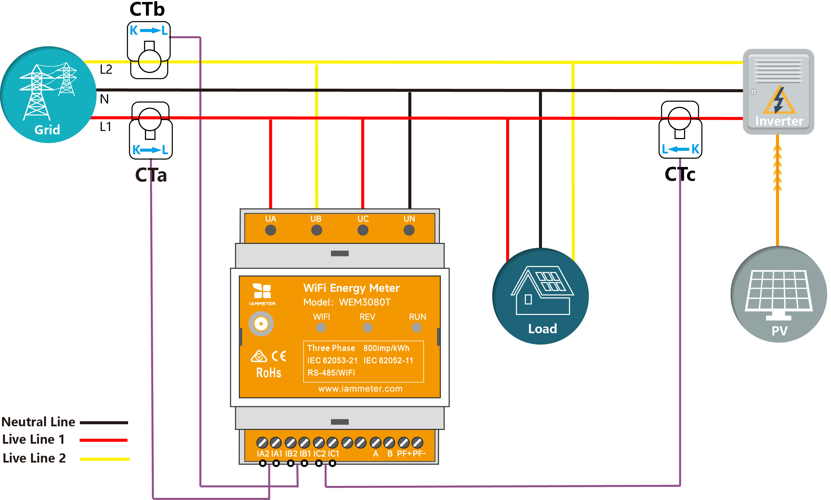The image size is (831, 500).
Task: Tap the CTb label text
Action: click(147, 9)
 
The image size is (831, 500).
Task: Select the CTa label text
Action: click(151, 175)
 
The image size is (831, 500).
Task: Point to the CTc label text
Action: click(680, 174)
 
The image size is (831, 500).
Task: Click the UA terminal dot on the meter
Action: click(270, 231)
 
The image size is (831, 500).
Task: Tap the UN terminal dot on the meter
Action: click(409, 231)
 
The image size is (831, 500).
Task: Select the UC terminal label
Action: click(363, 219)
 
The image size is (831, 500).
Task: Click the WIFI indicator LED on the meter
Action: click(321, 327)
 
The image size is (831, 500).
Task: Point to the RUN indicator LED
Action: click(417, 327)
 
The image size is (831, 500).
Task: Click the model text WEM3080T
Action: click(365, 302)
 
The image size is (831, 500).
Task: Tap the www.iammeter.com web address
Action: click(360, 389)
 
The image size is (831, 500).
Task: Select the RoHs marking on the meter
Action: click(268, 373)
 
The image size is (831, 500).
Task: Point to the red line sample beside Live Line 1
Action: click(103, 440)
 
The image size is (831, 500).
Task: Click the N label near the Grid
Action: click(104, 99)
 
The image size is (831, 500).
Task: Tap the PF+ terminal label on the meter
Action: click(404, 454)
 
